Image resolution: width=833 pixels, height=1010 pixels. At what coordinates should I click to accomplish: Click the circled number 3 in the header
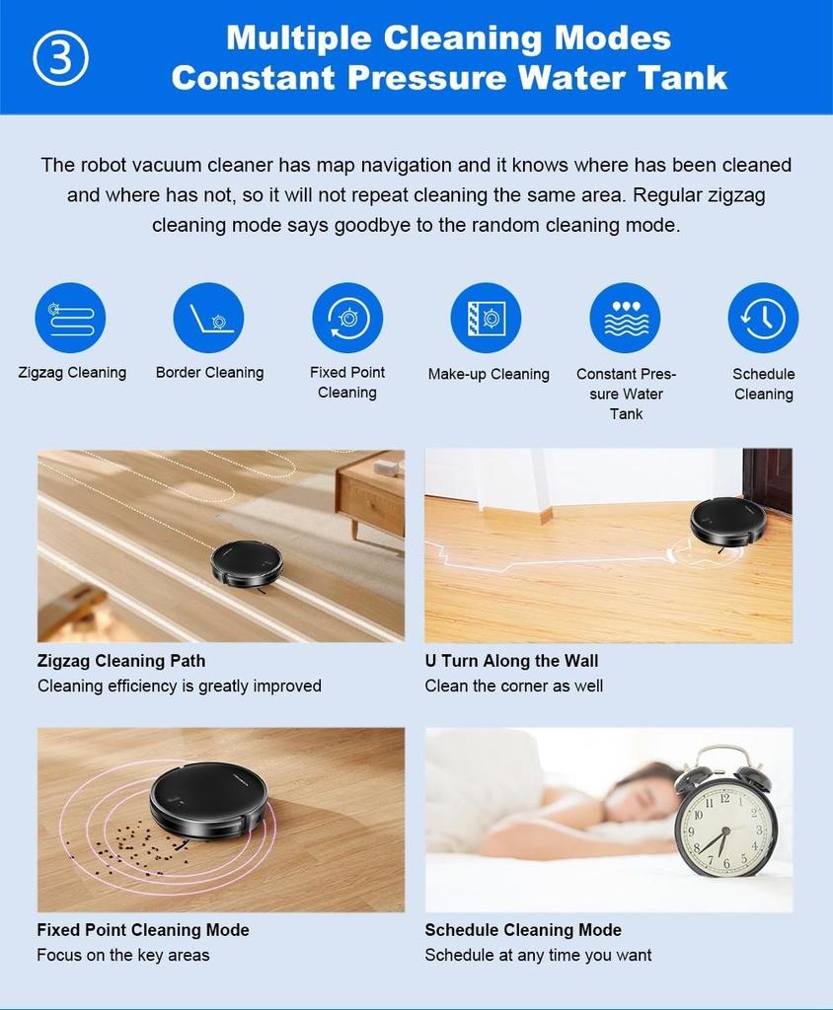[61, 58]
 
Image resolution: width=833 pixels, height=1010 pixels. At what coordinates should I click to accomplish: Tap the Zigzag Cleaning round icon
[70, 318]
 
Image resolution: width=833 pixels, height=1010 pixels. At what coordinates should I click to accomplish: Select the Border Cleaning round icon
[208, 318]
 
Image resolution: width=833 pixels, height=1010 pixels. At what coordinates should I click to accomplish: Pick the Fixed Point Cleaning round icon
[347, 318]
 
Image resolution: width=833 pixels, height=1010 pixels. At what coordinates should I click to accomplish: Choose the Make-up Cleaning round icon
[486, 318]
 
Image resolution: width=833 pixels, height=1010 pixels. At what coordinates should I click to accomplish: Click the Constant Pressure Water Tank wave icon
[625, 318]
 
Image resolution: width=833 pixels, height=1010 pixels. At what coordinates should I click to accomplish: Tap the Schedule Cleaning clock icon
[763, 318]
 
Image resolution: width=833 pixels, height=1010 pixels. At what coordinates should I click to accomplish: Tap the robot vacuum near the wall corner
[727, 521]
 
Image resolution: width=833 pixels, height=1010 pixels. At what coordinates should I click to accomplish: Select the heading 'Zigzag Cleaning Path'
[121, 661]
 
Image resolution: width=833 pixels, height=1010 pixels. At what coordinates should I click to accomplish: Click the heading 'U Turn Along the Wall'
[511, 661]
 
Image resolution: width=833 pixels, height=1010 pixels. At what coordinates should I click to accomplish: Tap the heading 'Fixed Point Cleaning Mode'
[143, 930]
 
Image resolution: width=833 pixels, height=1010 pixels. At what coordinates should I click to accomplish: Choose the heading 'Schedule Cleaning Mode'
[523, 930]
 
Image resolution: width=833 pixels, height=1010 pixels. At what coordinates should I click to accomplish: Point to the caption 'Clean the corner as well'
[513, 685]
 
